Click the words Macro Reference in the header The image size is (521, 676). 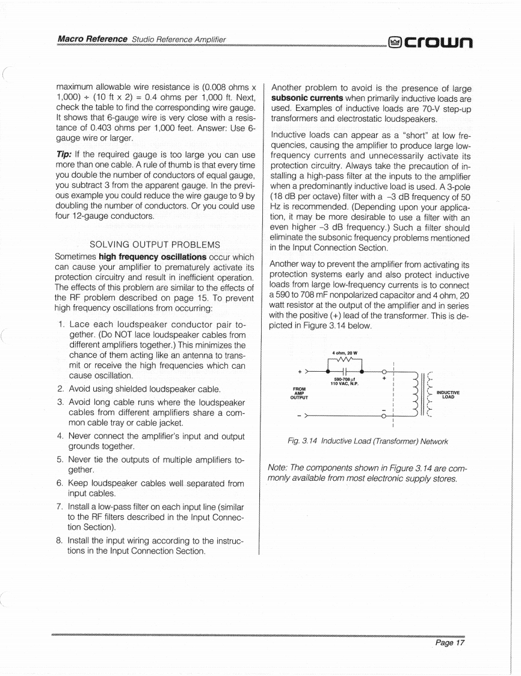[92, 39]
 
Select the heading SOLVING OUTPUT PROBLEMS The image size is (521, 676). [154, 245]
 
